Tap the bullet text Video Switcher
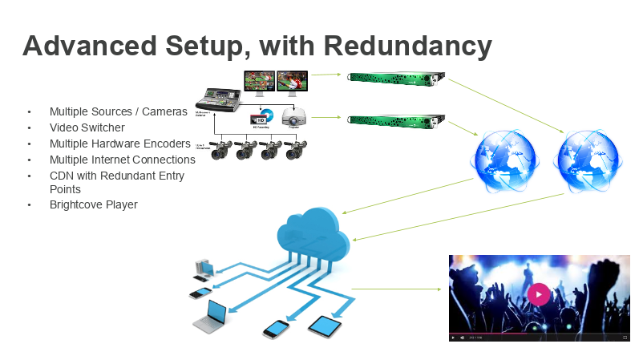click(x=87, y=127)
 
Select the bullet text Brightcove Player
click(x=94, y=204)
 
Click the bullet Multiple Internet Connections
click(x=123, y=160)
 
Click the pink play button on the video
click(x=539, y=294)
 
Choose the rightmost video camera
click(x=294, y=150)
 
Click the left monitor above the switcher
click(x=259, y=81)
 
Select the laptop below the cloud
click(x=213, y=316)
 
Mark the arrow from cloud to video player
click(x=396, y=288)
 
